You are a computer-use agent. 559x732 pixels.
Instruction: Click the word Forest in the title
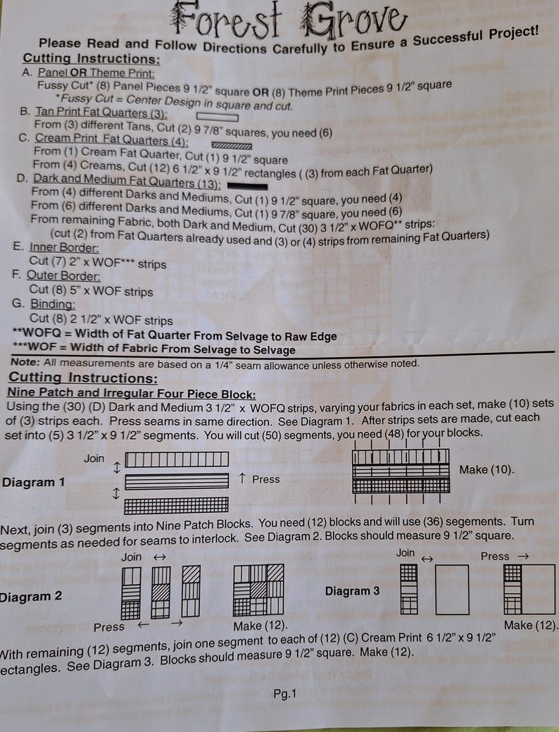(227, 20)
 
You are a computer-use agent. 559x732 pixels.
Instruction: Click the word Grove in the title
(354, 21)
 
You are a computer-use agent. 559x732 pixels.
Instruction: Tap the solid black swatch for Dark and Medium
(247, 186)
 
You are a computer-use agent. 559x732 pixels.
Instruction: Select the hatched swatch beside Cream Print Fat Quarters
(232, 146)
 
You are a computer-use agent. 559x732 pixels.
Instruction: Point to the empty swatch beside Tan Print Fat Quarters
(217, 117)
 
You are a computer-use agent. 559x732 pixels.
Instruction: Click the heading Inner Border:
(64, 247)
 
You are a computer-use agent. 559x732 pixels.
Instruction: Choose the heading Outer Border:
(63, 275)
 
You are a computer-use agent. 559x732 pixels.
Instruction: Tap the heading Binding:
(53, 304)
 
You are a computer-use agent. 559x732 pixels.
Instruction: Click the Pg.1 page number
(284, 694)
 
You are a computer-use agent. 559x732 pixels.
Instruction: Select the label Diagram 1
(33, 482)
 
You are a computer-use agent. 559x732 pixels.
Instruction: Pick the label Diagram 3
(352, 591)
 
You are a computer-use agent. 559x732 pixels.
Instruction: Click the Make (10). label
(486, 470)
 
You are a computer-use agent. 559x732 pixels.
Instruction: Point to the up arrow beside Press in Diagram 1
(242, 478)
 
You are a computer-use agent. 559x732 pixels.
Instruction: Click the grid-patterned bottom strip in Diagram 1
(177, 505)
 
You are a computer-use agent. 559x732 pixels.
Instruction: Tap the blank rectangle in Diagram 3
(452, 590)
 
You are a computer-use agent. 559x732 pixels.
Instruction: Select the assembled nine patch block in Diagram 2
(258, 590)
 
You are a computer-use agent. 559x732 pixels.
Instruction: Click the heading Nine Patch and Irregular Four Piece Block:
(132, 394)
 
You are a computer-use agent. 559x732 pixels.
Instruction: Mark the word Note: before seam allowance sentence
(25, 362)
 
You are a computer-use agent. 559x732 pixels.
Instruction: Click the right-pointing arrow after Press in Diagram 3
(523, 557)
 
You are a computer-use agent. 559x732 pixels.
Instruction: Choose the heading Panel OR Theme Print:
(96, 73)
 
